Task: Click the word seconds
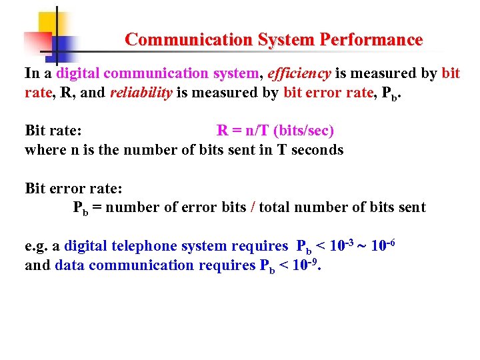click(x=316, y=150)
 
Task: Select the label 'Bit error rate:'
click(x=73, y=188)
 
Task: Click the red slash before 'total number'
click(x=252, y=207)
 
